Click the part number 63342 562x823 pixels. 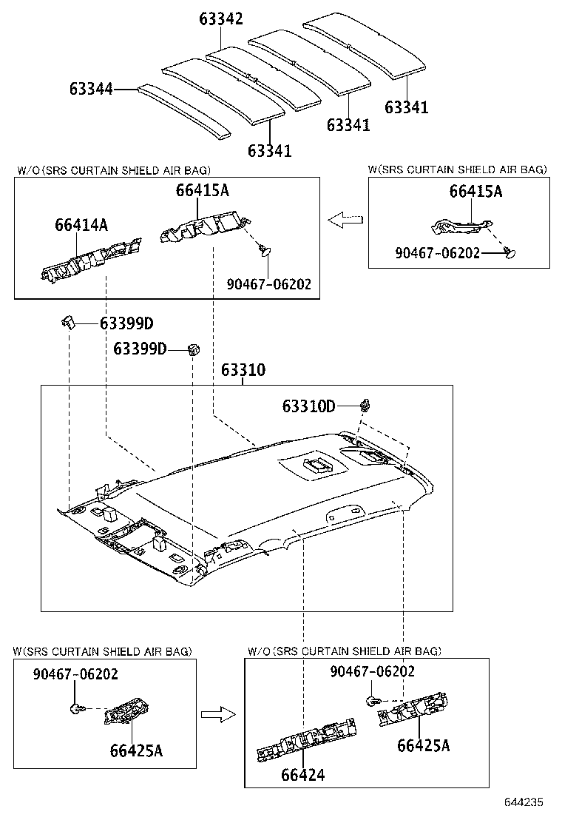pos(220,19)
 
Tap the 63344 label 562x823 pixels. pos(91,90)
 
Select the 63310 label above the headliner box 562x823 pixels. pos(243,370)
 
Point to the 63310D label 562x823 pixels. pos(308,406)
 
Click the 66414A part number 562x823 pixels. pos(81,224)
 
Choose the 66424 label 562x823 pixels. pos(302,775)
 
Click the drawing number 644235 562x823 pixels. pos(524,802)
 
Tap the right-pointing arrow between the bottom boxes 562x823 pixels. pos(217,714)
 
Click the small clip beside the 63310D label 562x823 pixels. pos(365,405)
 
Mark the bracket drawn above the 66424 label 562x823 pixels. pos(306,742)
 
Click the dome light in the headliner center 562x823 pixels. pos(317,466)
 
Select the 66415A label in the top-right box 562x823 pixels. pos(475,192)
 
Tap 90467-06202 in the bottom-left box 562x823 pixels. pos(75,673)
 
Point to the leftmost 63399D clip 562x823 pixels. pos(70,323)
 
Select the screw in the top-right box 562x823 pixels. pos(509,253)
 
